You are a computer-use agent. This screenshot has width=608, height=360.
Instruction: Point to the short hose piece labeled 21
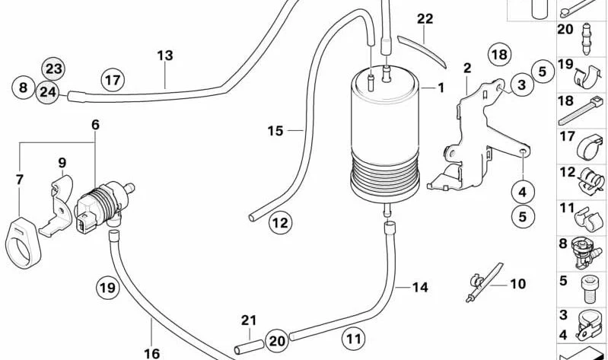(x=249, y=346)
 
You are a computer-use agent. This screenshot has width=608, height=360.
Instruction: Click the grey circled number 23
(x=53, y=69)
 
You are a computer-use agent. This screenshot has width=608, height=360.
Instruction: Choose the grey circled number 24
(x=48, y=93)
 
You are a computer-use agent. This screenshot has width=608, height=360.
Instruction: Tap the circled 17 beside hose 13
(x=113, y=81)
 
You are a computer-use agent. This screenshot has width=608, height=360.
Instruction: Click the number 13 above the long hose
(x=165, y=56)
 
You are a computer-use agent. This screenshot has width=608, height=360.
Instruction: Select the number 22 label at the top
(x=425, y=18)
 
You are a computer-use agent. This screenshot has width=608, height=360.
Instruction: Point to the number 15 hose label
(x=275, y=131)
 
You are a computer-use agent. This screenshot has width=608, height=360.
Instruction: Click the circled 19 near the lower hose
(x=107, y=288)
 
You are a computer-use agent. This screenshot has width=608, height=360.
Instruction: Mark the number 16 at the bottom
(x=151, y=353)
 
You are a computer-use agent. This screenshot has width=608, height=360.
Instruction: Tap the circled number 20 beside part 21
(x=277, y=341)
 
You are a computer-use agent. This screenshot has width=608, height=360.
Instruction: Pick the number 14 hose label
(x=420, y=288)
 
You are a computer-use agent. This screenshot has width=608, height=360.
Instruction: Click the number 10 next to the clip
(x=517, y=284)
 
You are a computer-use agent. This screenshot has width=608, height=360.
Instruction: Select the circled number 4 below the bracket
(x=523, y=192)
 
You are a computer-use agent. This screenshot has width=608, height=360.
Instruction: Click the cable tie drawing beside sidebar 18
(x=581, y=112)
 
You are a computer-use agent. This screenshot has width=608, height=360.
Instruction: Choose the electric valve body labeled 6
(x=104, y=204)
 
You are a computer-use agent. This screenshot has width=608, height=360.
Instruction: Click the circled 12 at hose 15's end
(x=280, y=223)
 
